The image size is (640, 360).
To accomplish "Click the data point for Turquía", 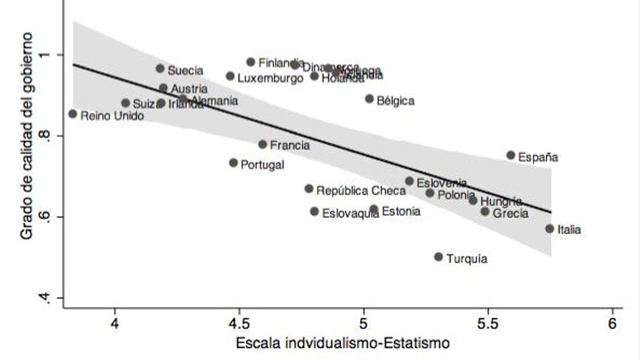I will click(x=439, y=257).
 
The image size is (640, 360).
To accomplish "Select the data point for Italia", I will click(x=550, y=228).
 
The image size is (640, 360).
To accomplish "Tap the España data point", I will click(x=511, y=155).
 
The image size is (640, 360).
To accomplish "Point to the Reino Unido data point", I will click(x=73, y=113).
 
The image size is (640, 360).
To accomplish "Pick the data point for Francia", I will click(x=263, y=144).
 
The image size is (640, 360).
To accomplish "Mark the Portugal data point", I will click(x=233, y=163).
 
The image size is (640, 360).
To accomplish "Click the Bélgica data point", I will click(x=369, y=99).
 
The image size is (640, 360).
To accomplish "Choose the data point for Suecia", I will click(x=160, y=68).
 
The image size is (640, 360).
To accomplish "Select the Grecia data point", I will click(x=485, y=212).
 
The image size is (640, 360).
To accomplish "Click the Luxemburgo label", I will click(x=270, y=78).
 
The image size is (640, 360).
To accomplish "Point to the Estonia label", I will click(x=401, y=212).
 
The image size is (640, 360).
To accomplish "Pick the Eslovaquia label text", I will click(x=350, y=214).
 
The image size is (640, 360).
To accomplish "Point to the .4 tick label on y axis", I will click(x=47, y=297).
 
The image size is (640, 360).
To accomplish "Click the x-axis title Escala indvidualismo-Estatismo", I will click(x=341, y=342).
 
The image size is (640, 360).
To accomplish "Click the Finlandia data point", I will click(x=251, y=63).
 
